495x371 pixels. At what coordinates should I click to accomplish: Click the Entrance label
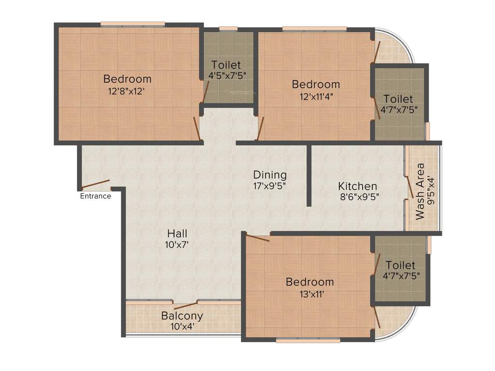coord(95,196)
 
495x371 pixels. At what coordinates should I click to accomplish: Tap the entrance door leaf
coord(95,185)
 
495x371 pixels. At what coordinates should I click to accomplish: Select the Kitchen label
coord(357,186)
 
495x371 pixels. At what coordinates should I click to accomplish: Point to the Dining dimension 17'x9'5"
coord(270,185)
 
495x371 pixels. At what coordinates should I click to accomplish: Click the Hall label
coord(177,234)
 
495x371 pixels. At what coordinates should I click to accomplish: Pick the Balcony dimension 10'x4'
coord(182,327)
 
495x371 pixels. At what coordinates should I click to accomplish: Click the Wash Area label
coord(420,191)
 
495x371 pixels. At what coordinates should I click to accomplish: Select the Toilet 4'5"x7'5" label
coord(225,65)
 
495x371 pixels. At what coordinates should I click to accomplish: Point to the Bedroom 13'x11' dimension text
coord(309,293)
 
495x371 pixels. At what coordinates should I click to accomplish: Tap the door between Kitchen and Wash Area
coord(409,187)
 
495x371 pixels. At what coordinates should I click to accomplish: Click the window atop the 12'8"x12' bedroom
coord(132,24)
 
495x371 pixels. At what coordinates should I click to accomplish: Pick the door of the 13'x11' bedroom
coord(257,237)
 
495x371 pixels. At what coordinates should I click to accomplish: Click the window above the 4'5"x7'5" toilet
coord(228,29)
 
